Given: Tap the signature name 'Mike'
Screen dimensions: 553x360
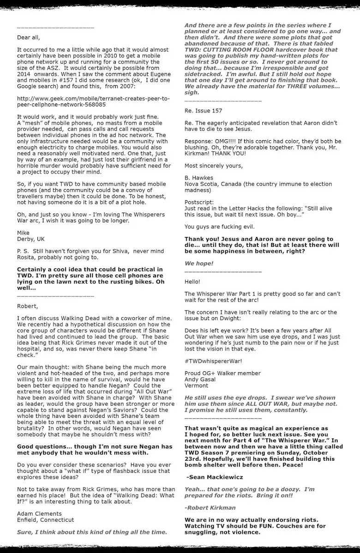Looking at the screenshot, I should (x=23, y=232).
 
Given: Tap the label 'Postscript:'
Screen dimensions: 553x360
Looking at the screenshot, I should (x=199, y=202).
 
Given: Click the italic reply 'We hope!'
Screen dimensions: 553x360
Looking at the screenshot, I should (x=199, y=263).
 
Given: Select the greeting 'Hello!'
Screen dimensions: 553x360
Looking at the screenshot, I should (x=192, y=281).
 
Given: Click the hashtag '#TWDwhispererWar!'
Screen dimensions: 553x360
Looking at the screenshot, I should (x=211, y=361).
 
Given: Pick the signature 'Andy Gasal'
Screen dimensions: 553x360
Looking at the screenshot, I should (x=201, y=380).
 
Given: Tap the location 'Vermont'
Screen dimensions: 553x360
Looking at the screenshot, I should (x=196, y=386).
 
